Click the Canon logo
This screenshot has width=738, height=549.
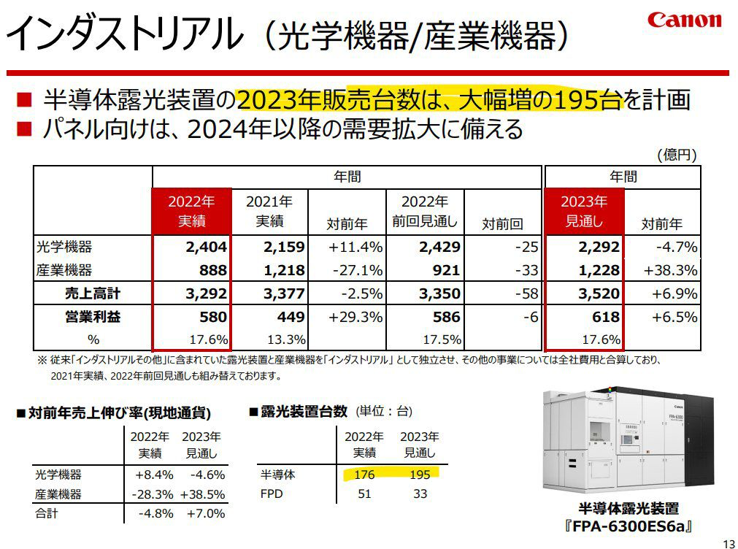click(684, 20)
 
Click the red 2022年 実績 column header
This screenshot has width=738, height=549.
click(191, 212)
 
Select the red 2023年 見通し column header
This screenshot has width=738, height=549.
click(584, 212)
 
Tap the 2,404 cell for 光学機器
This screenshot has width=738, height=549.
click(206, 247)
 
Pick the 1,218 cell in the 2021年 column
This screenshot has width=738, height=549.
click(284, 270)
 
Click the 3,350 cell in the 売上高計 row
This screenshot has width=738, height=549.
click(439, 293)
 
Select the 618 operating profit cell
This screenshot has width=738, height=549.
click(606, 317)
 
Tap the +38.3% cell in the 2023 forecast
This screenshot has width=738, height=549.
click(671, 270)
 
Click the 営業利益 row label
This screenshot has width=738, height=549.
click(93, 317)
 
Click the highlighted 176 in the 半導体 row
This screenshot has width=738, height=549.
click(364, 474)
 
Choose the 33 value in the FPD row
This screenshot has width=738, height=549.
click(420, 494)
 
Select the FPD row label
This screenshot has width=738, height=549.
click(272, 494)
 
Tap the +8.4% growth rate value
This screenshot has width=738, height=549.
click(154, 475)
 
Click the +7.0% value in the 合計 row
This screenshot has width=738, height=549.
click(206, 513)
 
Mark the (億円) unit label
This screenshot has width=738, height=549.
click(677, 155)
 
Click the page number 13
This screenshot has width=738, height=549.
click(729, 542)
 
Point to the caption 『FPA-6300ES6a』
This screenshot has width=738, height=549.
click(629, 526)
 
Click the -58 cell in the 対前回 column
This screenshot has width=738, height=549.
click(526, 293)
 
